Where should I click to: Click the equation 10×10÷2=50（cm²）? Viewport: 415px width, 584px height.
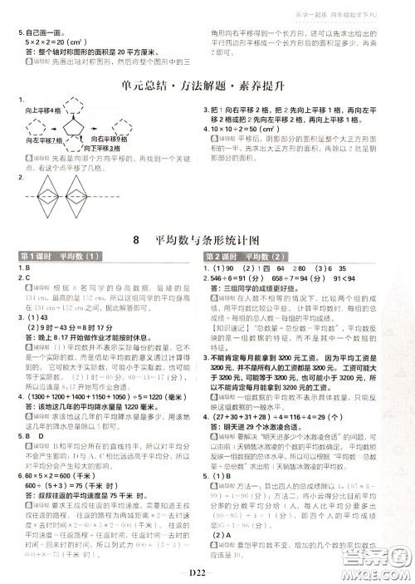pos(247,130)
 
